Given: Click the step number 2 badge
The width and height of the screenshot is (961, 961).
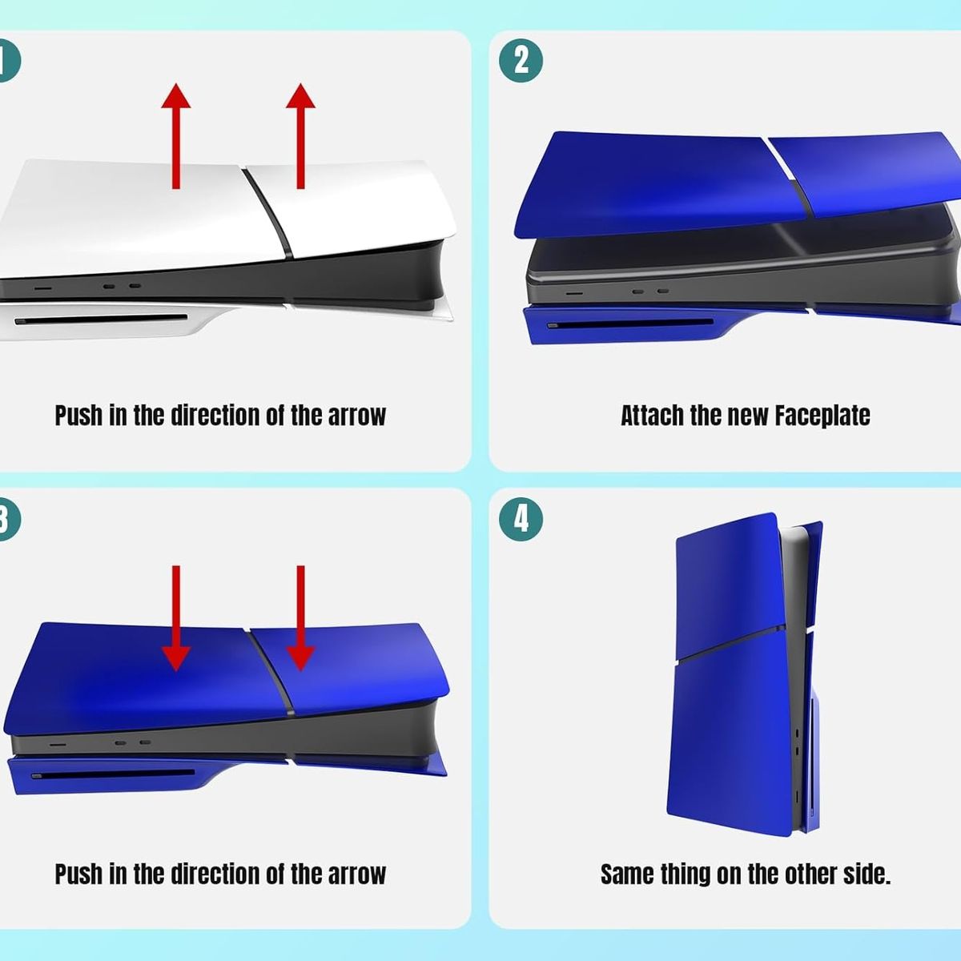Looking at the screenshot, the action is point(521,61).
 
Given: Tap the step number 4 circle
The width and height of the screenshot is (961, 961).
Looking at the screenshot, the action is point(521,519).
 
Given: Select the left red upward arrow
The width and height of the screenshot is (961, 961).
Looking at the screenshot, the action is point(175,135).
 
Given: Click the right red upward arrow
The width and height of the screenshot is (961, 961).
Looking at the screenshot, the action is point(300,135).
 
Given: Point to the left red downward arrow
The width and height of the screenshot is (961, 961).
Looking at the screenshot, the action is point(175,618).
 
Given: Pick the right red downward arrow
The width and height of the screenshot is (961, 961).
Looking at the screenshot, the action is point(300,618).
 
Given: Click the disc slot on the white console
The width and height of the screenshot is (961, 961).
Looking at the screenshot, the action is point(101,320).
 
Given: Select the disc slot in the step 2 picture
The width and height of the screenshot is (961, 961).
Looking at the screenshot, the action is point(630,324).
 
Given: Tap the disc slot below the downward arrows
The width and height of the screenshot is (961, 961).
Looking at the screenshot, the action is point(113,774).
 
